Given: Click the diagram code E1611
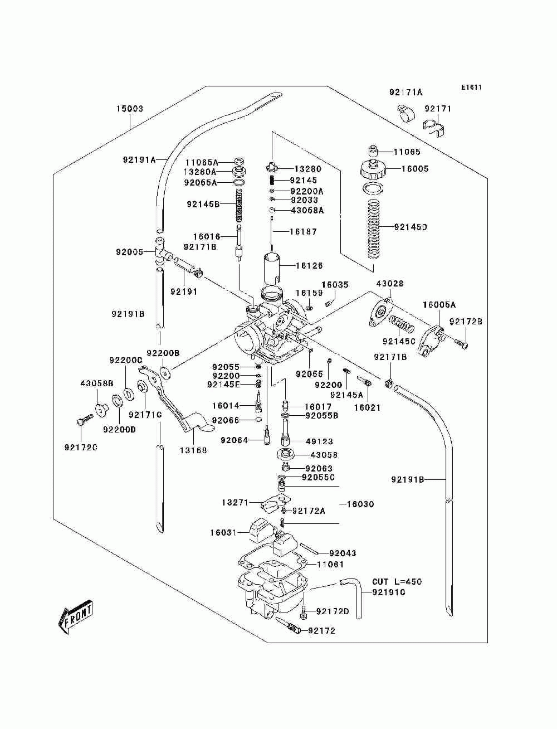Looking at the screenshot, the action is pyautogui.click(x=471, y=88).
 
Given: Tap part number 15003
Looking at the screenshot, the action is pyautogui.click(x=129, y=109).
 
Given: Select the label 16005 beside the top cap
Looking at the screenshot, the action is pyautogui.click(x=415, y=169).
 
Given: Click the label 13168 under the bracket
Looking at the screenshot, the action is pyautogui.click(x=193, y=450).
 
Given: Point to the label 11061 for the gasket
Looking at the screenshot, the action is pyautogui.click(x=330, y=536).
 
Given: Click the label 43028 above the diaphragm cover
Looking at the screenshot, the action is pyautogui.click(x=390, y=284).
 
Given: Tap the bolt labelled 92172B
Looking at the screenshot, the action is pyautogui.click(x=461, y=344).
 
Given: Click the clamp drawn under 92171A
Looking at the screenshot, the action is pyautogui.click(x=406, y=113).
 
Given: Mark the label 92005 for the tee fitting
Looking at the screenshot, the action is pyautogui.click(x=129, y=252).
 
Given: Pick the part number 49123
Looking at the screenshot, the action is pyautogui.click(x=319, y=441).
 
